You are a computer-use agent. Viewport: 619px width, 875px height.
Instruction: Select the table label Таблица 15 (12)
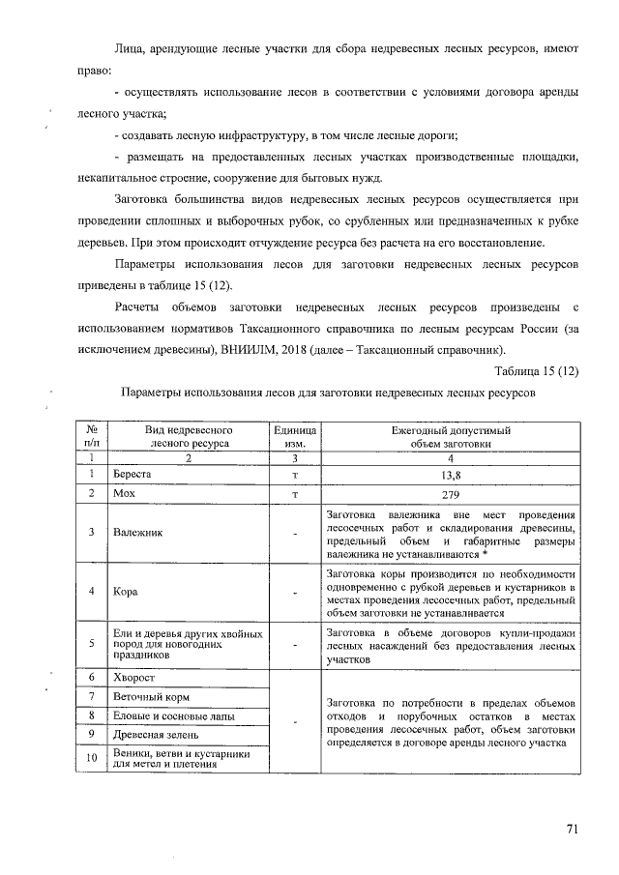[536, 371]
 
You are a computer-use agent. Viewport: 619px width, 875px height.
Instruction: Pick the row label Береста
[133, 475]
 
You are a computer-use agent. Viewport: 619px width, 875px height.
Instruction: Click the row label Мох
[126, 493]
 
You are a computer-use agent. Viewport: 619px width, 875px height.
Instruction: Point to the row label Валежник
[136, 532]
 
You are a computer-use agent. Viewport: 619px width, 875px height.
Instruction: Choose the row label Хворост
[133, 679]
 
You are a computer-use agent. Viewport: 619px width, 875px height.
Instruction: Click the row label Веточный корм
[149, 696]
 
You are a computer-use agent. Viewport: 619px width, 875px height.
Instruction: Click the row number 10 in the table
[91, 758]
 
